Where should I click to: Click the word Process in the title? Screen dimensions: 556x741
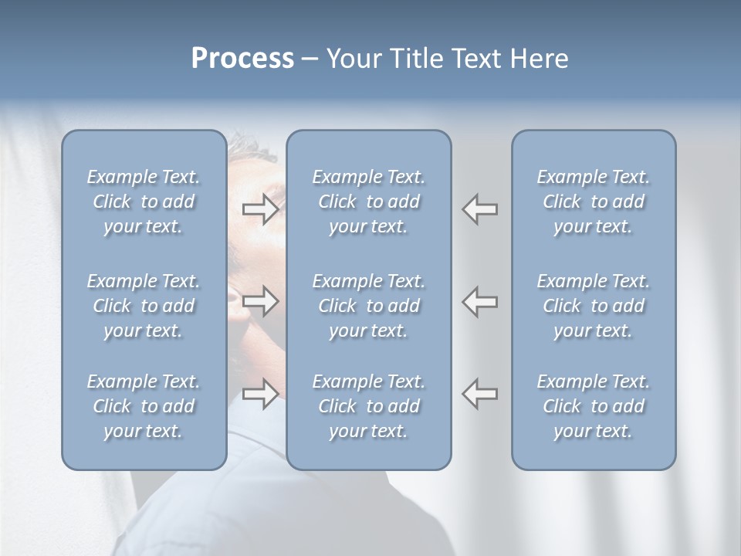(242, 59)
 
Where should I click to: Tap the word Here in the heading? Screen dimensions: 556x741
(539, 59)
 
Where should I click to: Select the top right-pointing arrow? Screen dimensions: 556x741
(260, 209)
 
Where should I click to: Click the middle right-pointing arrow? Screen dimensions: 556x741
(260, 301)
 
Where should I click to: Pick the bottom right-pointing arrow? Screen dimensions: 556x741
(260, 394)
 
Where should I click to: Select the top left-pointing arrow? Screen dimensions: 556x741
(480, 209)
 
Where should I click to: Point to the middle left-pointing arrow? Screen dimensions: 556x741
(480, 301)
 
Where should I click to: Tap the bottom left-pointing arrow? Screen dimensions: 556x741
(480, 394)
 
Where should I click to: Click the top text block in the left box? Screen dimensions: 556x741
(144, 202)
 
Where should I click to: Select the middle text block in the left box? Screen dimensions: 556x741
(144, 306)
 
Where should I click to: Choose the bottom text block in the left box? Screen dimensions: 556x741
(144, 406)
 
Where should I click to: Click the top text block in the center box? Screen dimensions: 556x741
(369, 202)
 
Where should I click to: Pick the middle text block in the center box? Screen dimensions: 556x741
(369, 306)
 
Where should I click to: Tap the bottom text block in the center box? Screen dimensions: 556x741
(369, 406)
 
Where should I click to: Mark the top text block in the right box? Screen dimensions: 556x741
(594, 202)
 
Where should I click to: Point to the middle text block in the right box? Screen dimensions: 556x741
(594, 306)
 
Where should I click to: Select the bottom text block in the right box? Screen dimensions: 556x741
(594, 406)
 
